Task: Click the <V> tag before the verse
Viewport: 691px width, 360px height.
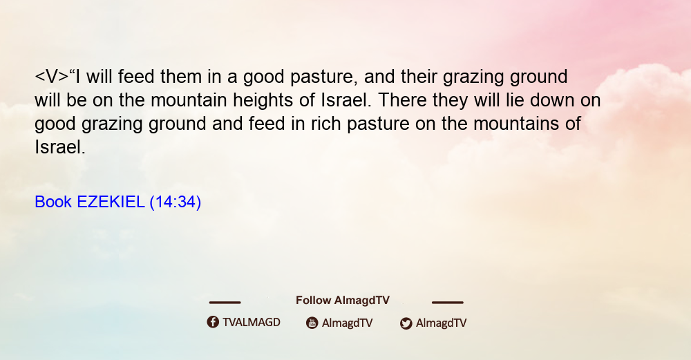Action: [52, 77]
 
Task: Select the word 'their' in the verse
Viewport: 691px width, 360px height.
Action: [419, 77]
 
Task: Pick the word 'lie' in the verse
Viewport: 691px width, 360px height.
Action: [515, 100]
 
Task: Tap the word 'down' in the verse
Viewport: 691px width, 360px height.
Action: [552, 100]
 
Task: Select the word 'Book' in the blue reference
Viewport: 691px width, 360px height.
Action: [53, 202]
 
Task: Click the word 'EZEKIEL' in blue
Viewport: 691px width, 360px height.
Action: [111, 202]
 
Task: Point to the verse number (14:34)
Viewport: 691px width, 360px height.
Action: [176, 202]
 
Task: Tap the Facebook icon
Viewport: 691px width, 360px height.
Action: [213, 322]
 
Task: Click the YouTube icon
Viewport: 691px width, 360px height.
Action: [312, 323]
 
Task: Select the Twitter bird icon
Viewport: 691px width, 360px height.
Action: [406, 323]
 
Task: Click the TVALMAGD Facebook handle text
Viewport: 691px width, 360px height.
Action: [252, 322]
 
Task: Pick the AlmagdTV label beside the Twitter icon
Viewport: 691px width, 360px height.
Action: [441, 323]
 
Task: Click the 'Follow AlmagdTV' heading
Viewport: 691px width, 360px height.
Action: [343, 300]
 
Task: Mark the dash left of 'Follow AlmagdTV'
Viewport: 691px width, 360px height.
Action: [225, 302]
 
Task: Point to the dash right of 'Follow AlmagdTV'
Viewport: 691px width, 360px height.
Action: [447, 302]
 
